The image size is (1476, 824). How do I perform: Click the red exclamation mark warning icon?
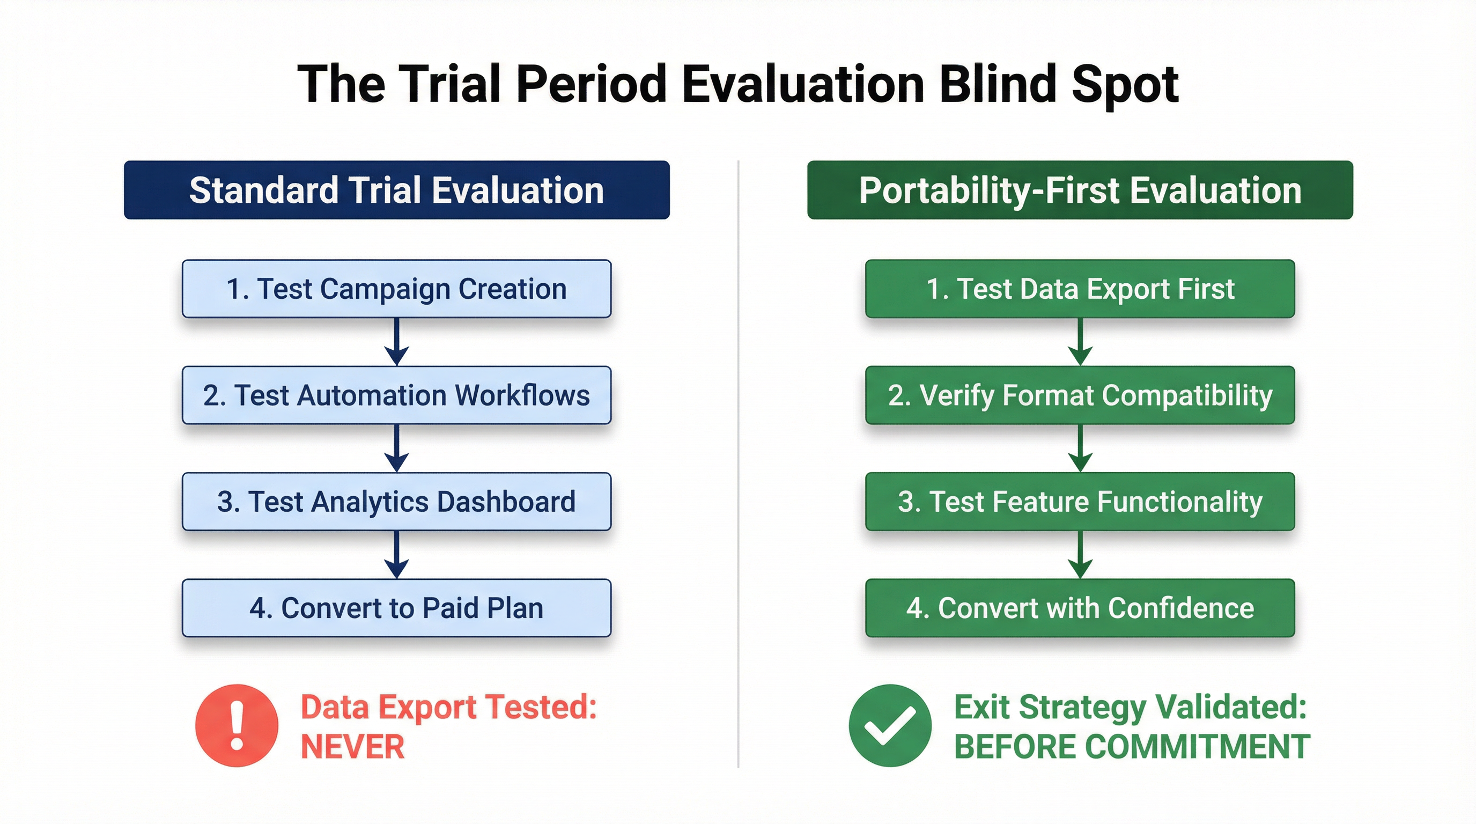pos(237,725)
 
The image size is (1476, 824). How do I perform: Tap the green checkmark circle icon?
pos(890,725)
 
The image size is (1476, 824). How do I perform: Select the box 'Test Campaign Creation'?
pos(396,289)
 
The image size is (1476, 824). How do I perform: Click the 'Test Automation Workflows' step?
pos(396,395)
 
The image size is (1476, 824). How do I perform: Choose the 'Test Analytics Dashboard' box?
pos(396,502)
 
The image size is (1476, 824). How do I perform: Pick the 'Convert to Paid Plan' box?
pos(396,608)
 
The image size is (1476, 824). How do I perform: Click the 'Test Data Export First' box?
pos(1080,289)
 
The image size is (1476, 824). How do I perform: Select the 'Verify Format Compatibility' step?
pos(1080,395)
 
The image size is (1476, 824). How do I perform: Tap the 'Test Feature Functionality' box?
pos(1080,502)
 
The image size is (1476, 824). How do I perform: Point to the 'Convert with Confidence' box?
pos(1080,608)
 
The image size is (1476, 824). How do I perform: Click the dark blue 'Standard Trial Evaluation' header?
pos(396,190)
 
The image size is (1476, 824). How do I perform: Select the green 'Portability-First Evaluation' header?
pos(1080,190)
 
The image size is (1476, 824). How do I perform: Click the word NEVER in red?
pos(352,747)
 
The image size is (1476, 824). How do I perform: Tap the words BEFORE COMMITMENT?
pos(1132,747)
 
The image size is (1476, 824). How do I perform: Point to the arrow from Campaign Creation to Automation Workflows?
pos(396,342)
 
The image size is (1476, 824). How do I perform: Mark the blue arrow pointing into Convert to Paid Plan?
pos(396,555)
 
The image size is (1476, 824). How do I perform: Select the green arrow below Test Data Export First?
pos(1080,342)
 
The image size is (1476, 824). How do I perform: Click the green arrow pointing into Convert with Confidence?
pos(1080,555)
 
